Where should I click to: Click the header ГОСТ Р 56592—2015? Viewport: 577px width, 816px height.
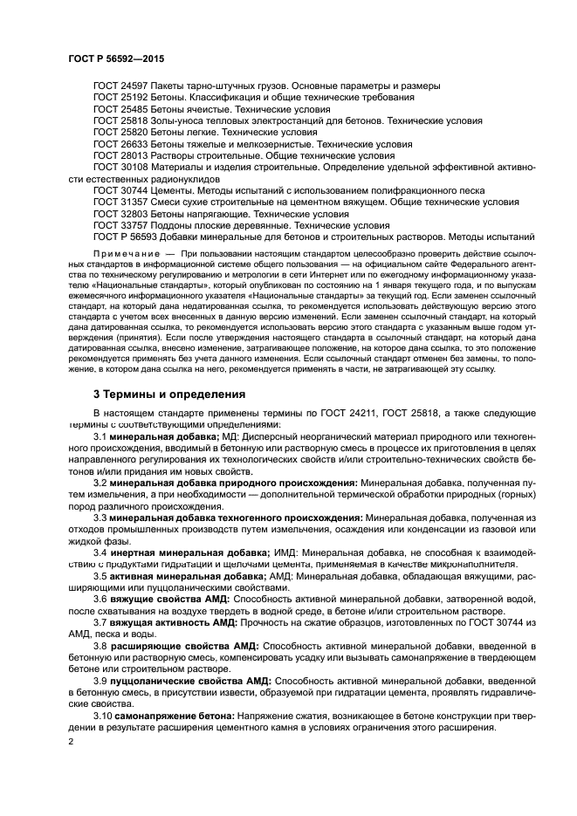[115, 58]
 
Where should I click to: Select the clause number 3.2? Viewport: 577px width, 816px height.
[100, 482]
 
